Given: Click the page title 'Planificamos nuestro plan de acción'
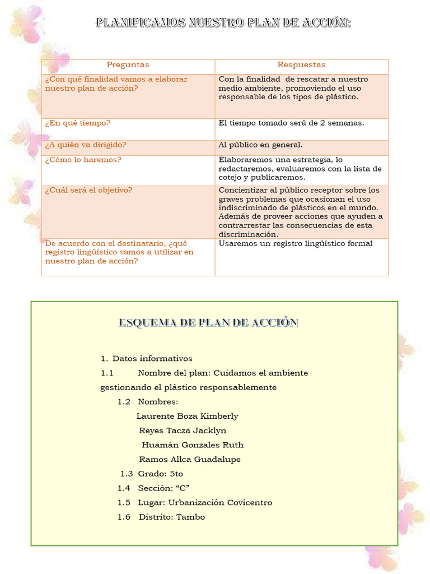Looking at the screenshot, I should [x=223, y=23].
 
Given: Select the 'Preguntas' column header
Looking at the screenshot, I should [x=128, y=65].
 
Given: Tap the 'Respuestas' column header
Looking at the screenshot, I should [x=301, y=65].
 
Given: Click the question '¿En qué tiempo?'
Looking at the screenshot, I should [x=78, y=123].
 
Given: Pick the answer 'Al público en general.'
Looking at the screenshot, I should [x=260, y=145].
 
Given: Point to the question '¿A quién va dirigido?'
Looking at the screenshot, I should [x=86, y=145].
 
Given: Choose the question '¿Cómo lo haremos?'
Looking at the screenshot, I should [x=83, y=160].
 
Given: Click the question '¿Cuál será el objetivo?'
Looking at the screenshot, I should [x=88, y=190].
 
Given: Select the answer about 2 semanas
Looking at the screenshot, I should [x=291, y=123].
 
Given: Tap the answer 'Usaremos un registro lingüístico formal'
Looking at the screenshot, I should [x=295, y=243].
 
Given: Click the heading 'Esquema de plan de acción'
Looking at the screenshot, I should [x=208, y=323].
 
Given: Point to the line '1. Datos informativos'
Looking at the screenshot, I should [x=147, y=359].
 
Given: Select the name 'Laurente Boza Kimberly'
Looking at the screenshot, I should [x=187, y=416].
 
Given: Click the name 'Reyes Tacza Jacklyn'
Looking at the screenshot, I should [x=183, y=430].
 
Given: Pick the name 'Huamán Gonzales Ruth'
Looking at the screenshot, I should [x=193, y=445].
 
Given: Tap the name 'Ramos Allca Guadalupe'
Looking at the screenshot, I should [x=190, y=460].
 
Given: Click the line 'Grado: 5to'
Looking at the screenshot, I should [x=160, y=474].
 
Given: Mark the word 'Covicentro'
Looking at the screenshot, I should [x=248, y=503].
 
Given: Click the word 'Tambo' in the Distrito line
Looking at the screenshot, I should [x=190, y=517].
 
